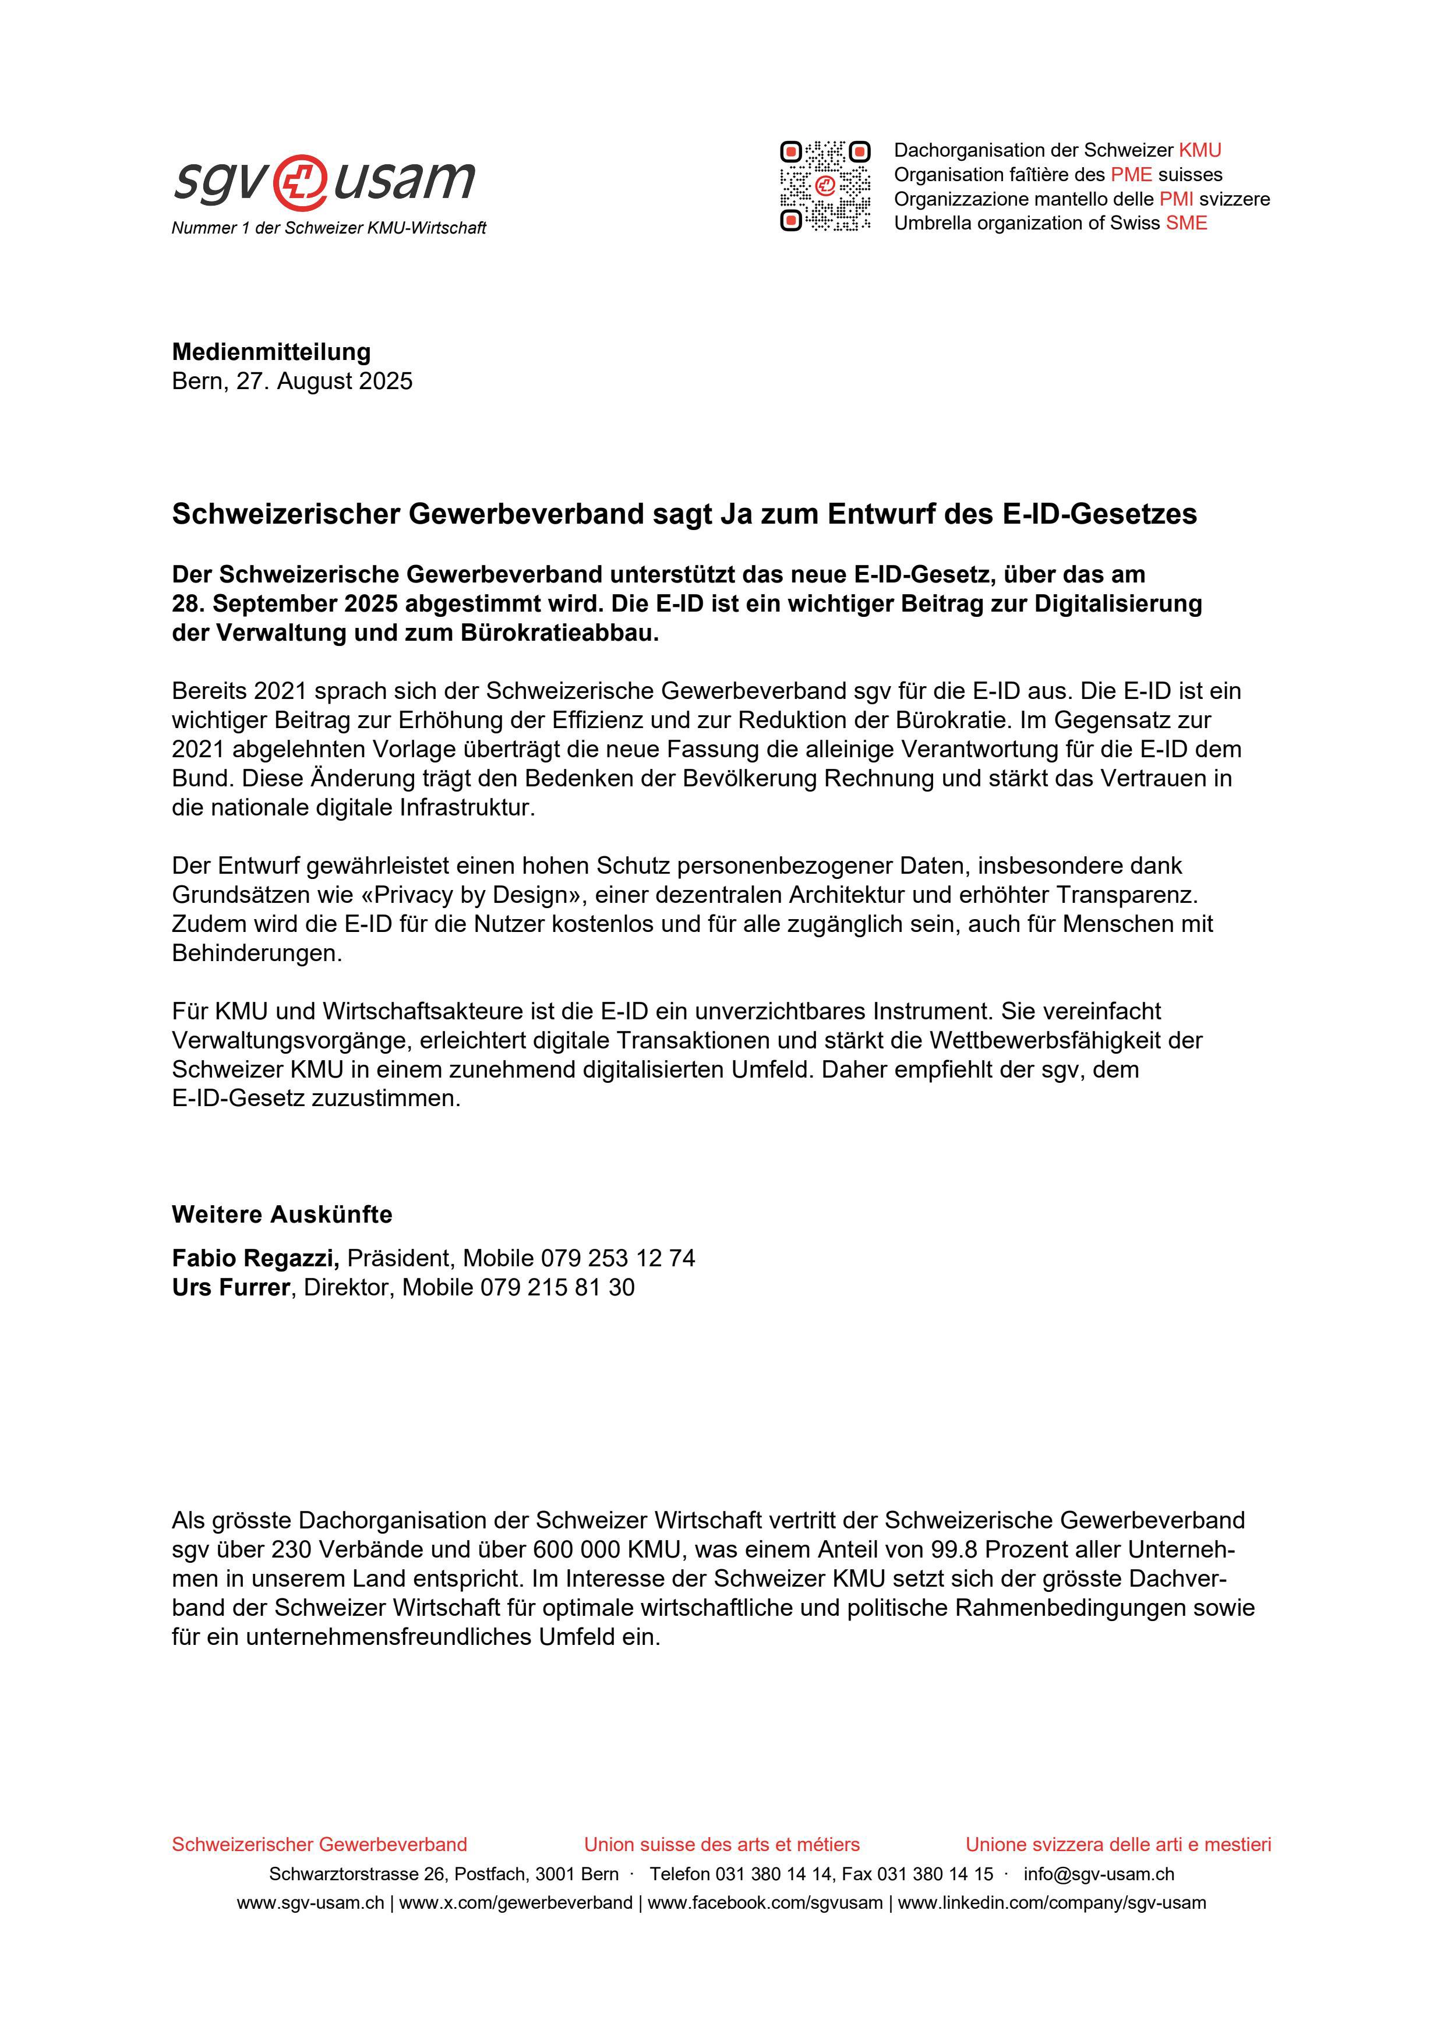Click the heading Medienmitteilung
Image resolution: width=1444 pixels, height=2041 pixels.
coord(271,352)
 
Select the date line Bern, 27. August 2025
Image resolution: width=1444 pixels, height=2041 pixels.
coord(292,382)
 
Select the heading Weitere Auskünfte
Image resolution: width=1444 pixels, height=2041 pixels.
coord(282,1214)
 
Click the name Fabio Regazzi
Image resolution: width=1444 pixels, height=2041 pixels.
coord(255,1258)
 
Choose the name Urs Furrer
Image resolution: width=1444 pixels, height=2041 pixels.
coord(230,1287)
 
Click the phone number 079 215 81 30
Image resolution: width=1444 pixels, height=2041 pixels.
coord(557,1287)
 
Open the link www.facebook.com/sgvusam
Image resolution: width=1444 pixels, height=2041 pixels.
coord(765,1903)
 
